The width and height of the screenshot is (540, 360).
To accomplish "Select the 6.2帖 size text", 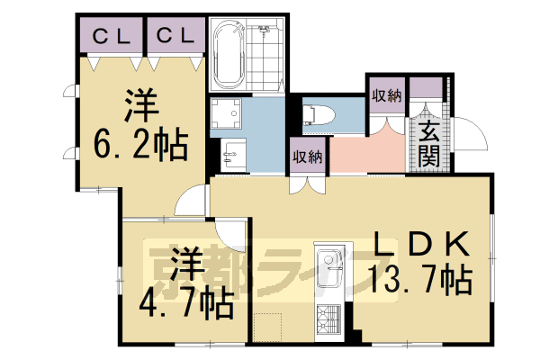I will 141,143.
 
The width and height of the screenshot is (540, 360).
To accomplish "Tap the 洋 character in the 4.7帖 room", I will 185,263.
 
